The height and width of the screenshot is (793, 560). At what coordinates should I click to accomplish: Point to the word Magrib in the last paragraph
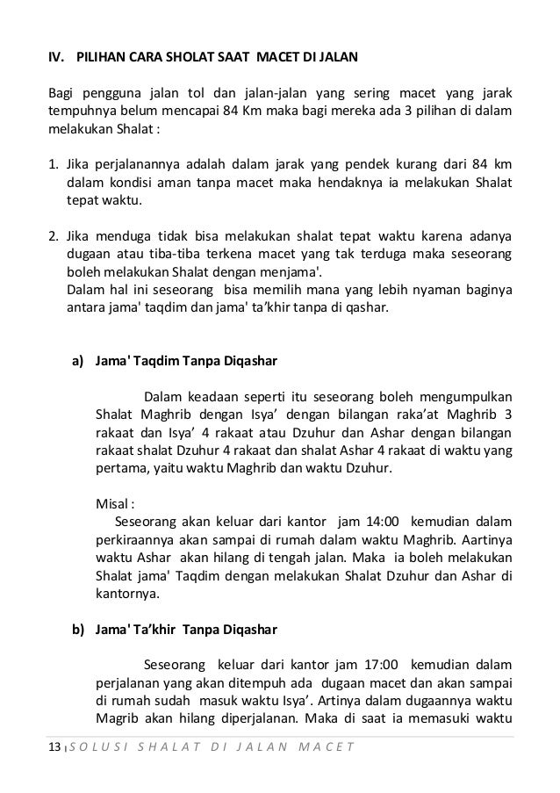116,720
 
